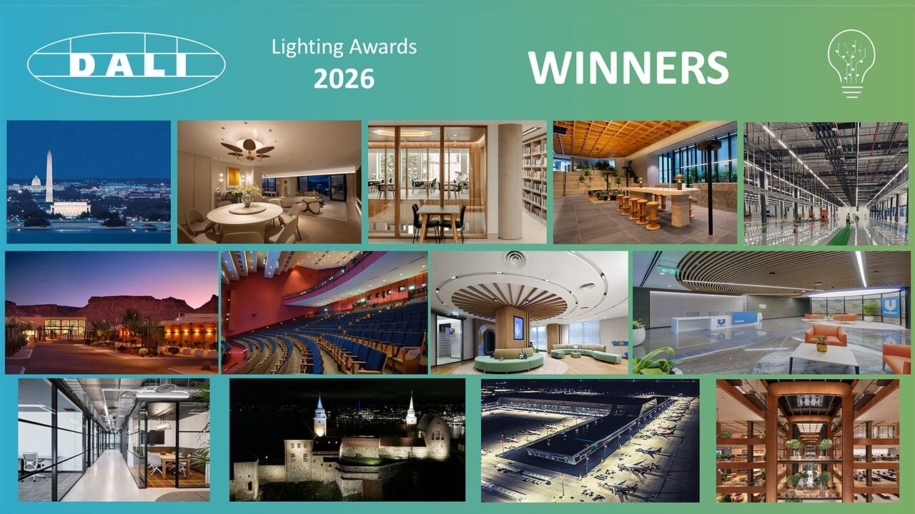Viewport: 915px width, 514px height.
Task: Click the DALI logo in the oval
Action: pyautogui.click(x=126, y=64)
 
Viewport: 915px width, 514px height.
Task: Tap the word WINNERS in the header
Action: pyautogui.click(x=628, y=67)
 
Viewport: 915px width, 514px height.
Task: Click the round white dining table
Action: pyautogui.click(x=244, y=212)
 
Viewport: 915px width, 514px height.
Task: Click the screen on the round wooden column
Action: pyautogui.click(x=518, y=328)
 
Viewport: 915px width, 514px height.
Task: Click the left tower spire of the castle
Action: pyautogui.click(x=319, y=414)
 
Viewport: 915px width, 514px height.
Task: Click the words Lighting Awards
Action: pyautogui.click(x=344, y=47)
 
